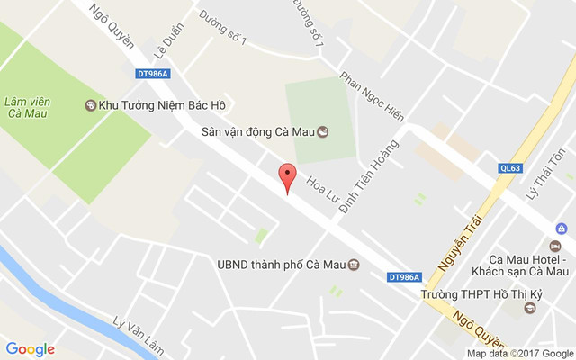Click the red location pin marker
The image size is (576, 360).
click(287, 176)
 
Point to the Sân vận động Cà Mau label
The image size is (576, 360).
click(256, 132)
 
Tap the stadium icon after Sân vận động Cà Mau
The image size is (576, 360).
click(322, 132)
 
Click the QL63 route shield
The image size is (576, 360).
click(511, 167)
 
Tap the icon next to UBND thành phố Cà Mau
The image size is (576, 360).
click(354, 265)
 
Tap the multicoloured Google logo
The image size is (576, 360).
click(31, 349)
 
